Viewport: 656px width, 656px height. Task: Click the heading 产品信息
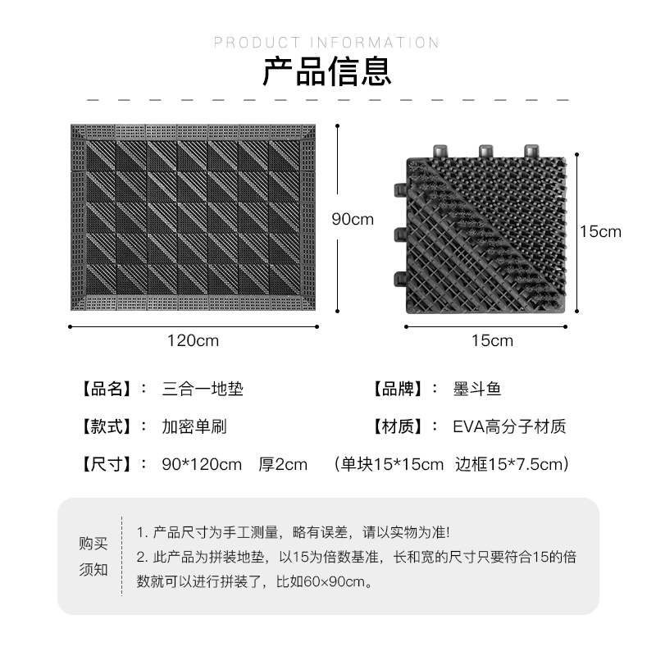(326, 73)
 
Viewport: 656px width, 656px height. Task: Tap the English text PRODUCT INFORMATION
(326, 43)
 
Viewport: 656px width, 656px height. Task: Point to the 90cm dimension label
(353, 219)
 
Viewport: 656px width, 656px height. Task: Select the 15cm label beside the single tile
(600, 231)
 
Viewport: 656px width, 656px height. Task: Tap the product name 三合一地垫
(203, 388)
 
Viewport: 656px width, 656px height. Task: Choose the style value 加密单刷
(194, 426)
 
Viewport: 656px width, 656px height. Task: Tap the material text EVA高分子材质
(509, 426)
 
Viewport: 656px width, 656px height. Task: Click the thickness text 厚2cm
(283, 465)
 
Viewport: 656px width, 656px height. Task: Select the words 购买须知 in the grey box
(93, 556)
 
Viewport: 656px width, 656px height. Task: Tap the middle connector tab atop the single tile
(484, 150)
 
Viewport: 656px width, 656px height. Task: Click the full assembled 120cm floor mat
(194, 219)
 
